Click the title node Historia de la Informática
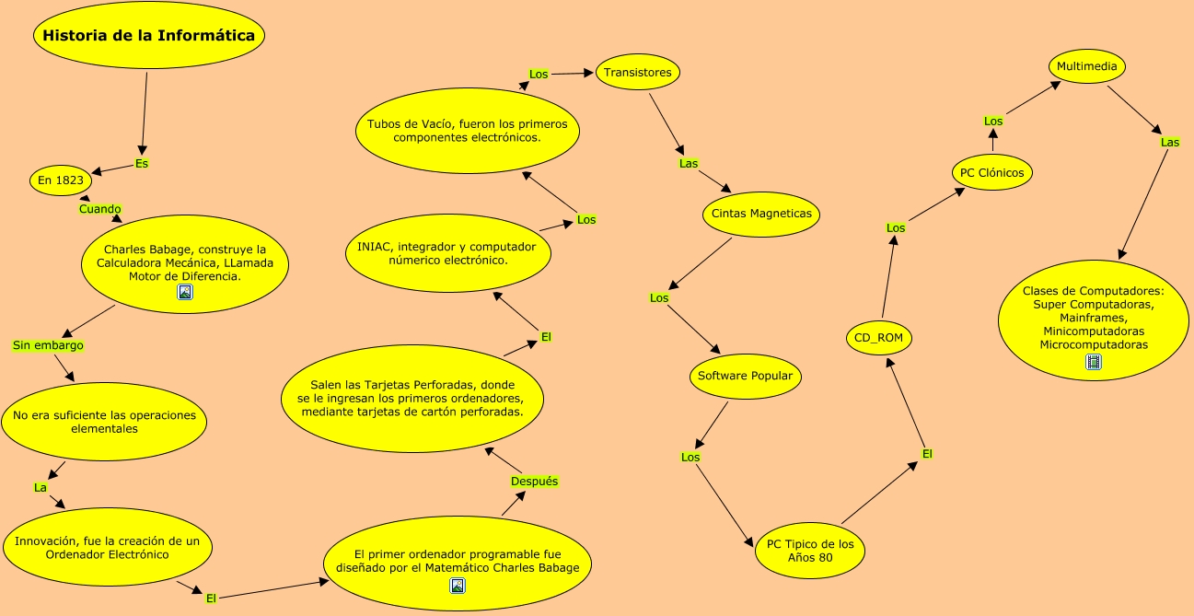(149, 37)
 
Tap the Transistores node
(638, 72)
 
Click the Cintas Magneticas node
(761, 214)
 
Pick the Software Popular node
(746, 376)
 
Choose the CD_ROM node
(878, 338)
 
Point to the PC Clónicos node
(991, 172)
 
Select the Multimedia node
(1087, 66)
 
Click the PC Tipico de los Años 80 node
(810, 551)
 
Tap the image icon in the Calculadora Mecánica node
(185, 293)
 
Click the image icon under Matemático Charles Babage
(458, 586)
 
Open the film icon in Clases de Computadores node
(1094, 362)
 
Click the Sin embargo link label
(48, 345)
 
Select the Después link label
(534, 482)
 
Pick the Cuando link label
(99, 209)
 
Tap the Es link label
(142, 163)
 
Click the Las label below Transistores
(689, 163)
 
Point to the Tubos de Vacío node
(467, 130)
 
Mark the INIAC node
(446, 253)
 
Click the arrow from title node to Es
(145, 110)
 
